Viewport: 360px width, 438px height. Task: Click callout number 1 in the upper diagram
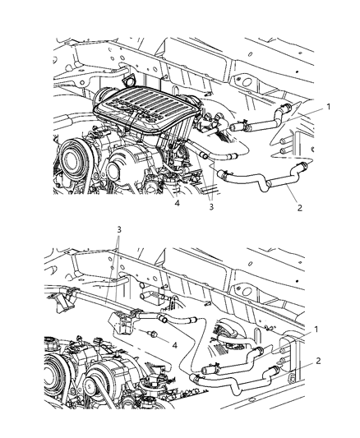tap(329, 107)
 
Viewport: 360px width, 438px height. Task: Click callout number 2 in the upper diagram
tap(300, 208)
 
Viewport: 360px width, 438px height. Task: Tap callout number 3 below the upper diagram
tap(211, 207)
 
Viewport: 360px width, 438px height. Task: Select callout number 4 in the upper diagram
tap(177, 203)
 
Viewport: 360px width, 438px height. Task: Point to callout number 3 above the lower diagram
tap(119, 229)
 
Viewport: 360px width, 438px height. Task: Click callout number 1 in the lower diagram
tap(316, 330)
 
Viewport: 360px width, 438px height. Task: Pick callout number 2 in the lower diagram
tap(318, 361)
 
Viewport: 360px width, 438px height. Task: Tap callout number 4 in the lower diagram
tap(174, 345)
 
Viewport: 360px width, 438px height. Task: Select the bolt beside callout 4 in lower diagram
tap(153, 334)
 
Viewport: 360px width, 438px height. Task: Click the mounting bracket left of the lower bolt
tap(123, 324)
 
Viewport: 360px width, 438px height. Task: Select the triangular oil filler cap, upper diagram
tap(129, 80)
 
